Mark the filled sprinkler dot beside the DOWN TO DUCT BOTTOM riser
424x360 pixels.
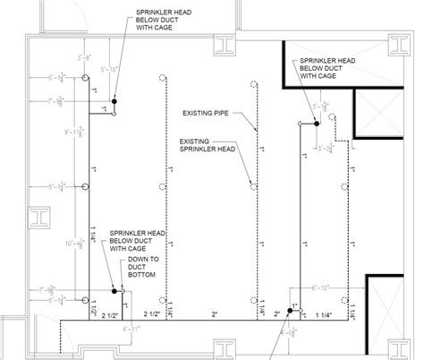click(114, 290)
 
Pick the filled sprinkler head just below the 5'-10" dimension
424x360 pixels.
click(114, 99)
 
